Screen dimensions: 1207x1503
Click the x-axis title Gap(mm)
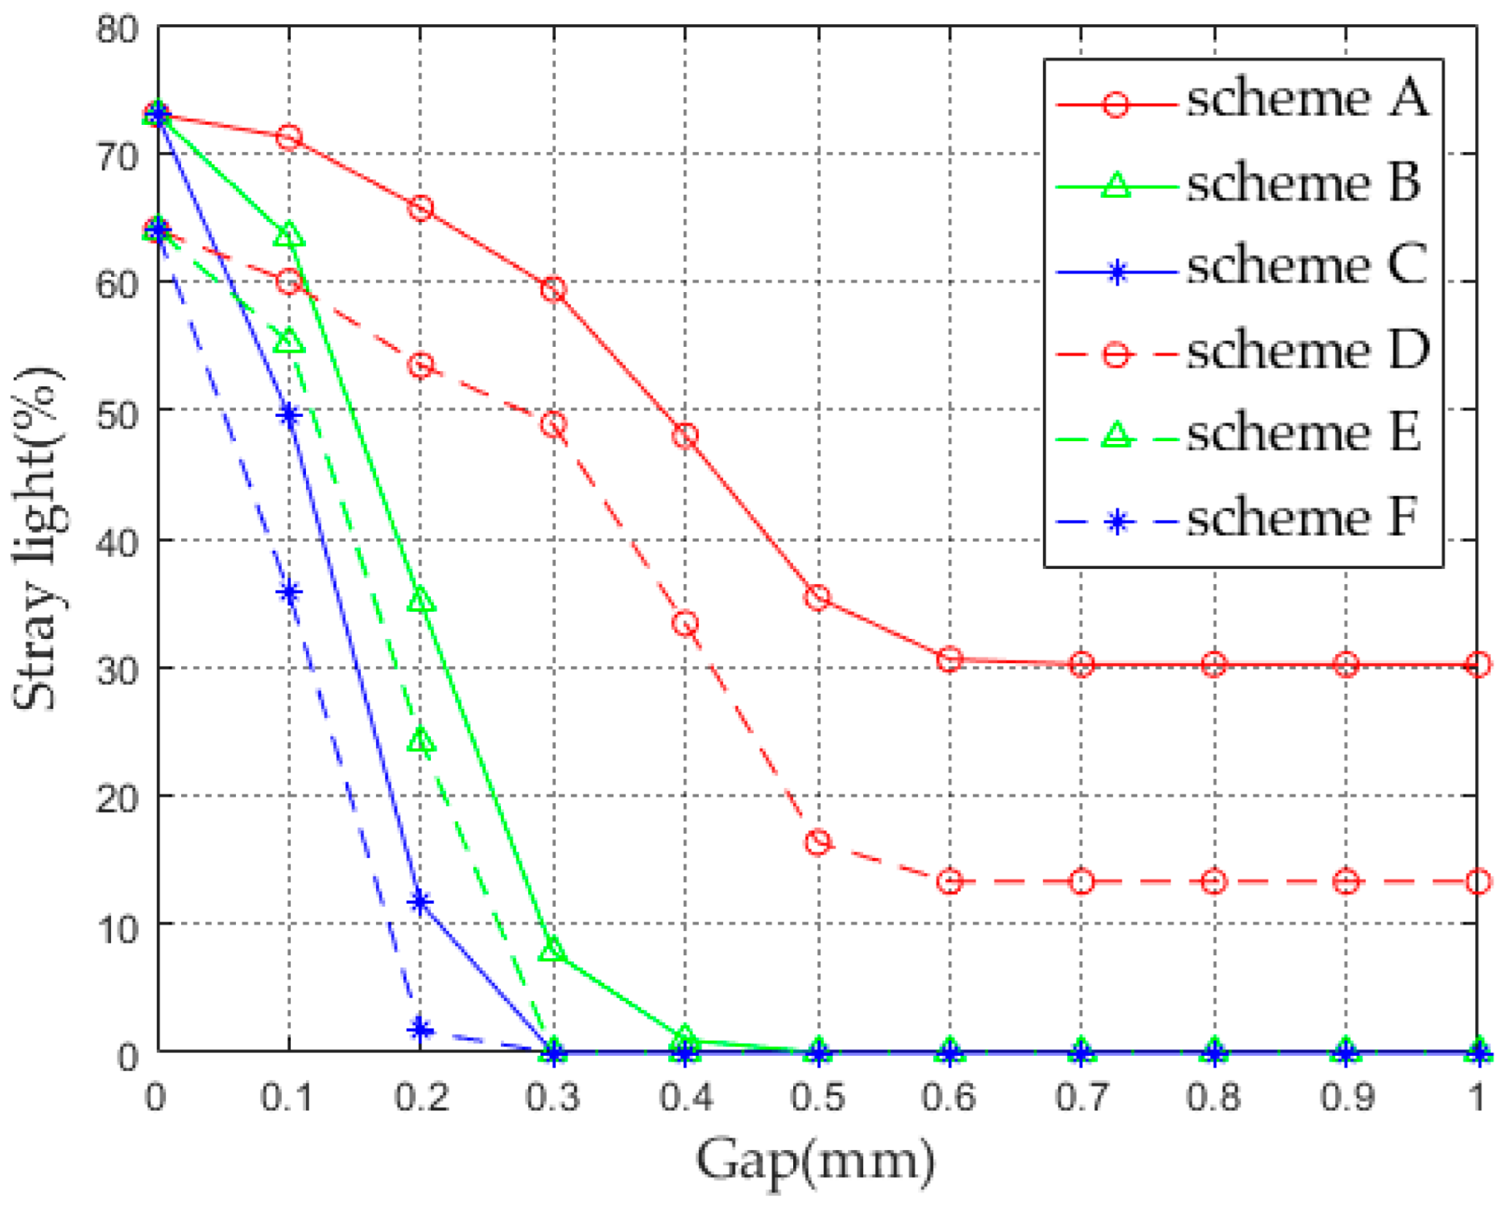coord(814,1161)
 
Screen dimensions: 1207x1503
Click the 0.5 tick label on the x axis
coord(818,1097)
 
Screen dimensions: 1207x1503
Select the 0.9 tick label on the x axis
coord(1347,1097)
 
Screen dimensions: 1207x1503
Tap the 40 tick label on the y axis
coord(117,542)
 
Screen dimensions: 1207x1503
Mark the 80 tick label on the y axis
coord(117,31)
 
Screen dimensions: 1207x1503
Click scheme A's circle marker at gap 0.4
coord(685,436)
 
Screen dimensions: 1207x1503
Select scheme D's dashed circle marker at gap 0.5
coord(818,842)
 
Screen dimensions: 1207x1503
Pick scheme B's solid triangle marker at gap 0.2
coord(421,601)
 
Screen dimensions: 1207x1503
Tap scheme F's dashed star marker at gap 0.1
coord(289,591)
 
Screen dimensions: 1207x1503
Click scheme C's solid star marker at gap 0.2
coord(420,902)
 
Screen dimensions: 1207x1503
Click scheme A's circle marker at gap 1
coord(1477,664)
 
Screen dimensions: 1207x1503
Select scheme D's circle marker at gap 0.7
coord(1082,881)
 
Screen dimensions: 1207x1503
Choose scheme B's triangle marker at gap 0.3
coord(553,949)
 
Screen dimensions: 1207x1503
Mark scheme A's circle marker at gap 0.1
coord(289,137)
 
